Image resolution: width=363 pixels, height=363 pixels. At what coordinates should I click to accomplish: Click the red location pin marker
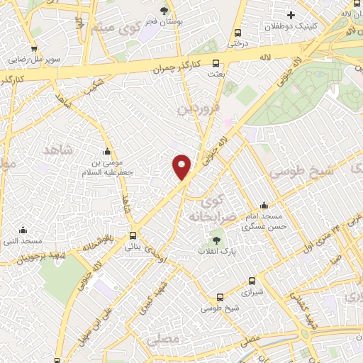coord(182,167)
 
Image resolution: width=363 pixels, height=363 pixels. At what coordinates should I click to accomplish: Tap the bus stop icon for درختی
coord(237,33)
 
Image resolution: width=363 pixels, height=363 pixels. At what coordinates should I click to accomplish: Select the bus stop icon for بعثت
coord(215,63)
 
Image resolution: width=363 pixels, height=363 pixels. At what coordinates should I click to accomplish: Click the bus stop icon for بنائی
coord(133,236)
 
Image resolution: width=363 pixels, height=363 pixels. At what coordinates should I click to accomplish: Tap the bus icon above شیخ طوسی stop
coord(219,298)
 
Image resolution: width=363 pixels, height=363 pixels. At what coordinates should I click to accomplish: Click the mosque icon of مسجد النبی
coord(23,230)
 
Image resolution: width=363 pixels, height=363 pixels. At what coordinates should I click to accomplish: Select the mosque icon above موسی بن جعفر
coord(107,150)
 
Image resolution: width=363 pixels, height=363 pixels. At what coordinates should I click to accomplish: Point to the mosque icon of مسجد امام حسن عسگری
coord(264,204)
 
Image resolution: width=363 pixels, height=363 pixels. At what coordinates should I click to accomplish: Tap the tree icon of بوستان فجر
coord(164,11)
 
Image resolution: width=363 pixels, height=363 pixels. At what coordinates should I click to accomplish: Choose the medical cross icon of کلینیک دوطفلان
coord(291,15)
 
